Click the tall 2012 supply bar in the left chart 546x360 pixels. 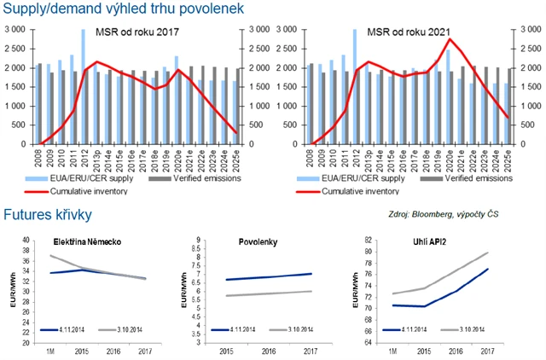point(83,85)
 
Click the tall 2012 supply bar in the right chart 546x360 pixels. point(354,85)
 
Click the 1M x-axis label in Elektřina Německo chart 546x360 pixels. point(51,350)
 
